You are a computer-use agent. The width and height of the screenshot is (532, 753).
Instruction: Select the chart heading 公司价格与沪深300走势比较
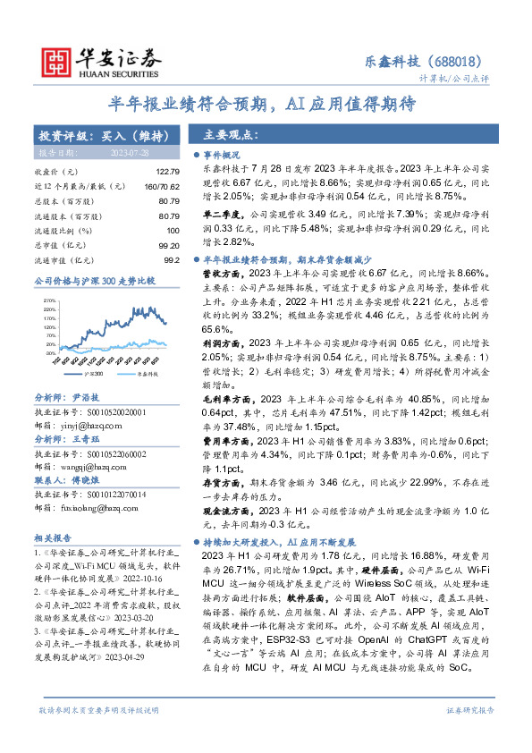tap(95, 281)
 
